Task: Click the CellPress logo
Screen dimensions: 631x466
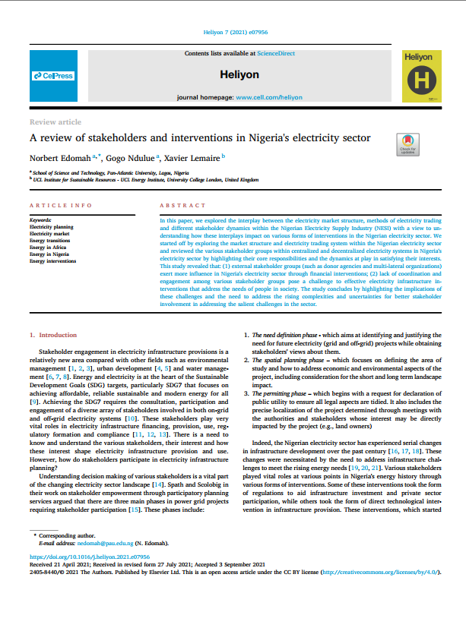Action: (52, 76)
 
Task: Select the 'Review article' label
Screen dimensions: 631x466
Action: (55, 121)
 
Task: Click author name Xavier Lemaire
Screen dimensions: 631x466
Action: (189, 157)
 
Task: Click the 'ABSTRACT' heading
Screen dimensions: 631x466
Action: (182, 206)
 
